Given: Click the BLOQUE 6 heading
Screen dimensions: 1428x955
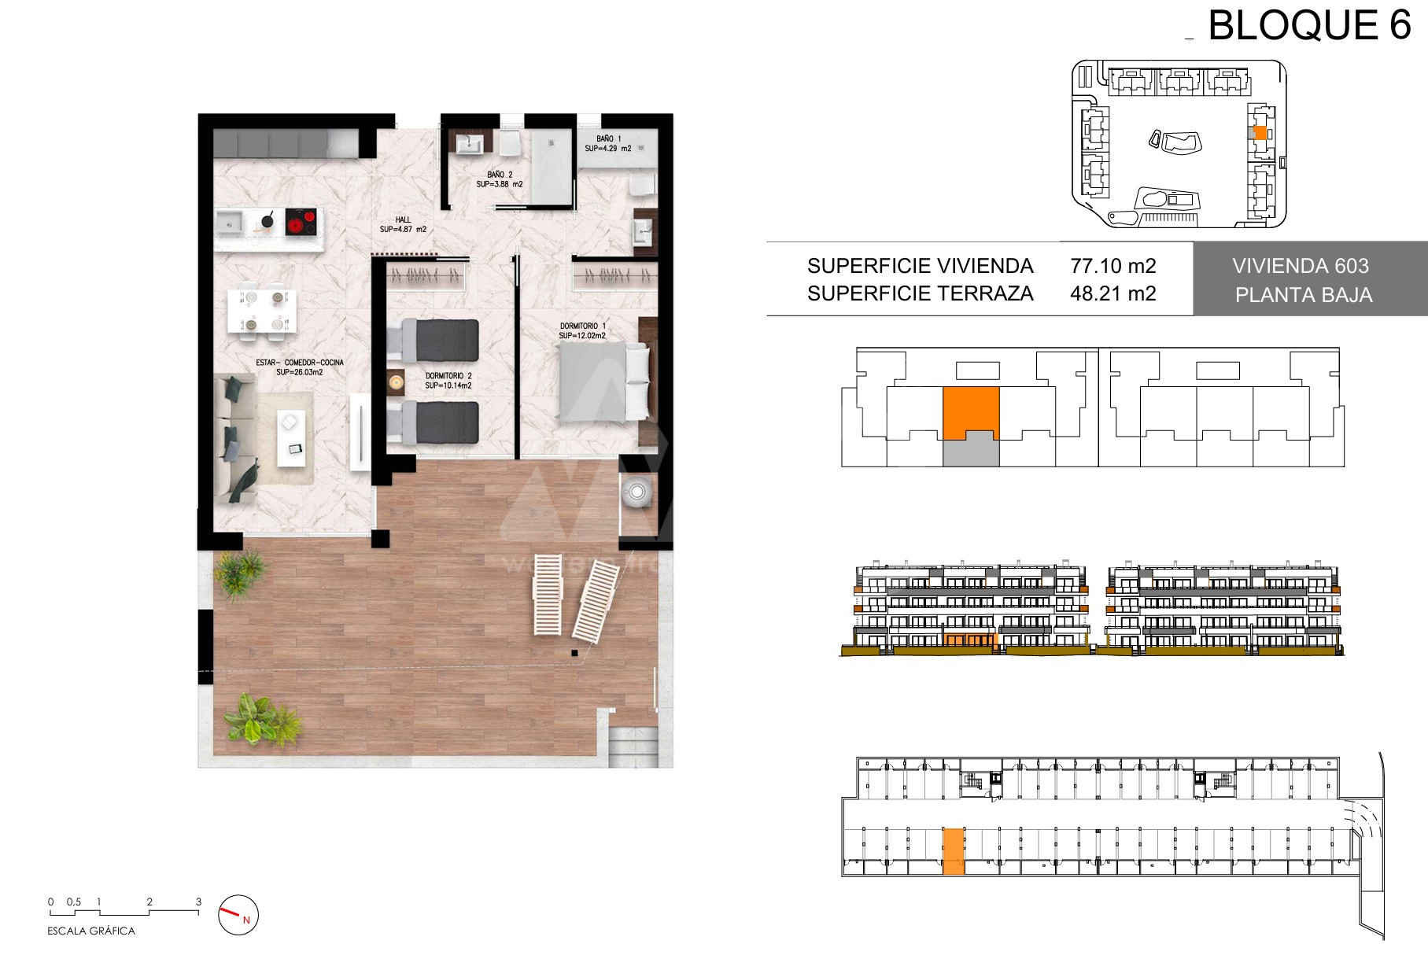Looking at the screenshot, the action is (x=1309, y=25).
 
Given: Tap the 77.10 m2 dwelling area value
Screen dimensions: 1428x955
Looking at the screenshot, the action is (x=1113, y=266).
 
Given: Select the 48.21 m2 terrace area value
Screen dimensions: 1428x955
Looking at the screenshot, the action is (x=1113, y=293).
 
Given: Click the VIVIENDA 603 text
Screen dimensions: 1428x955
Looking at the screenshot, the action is (x=1301, y=266).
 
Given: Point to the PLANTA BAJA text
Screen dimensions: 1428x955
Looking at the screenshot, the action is (x=1304, y=295).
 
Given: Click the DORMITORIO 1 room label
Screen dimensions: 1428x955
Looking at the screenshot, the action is (x=583, y=326).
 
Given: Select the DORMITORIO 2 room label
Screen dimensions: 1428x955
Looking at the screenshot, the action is (x=448, y=376).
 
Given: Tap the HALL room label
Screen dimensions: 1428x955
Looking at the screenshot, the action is (x=403, y=220).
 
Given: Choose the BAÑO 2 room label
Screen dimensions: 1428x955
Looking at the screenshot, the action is (x=500, y=175).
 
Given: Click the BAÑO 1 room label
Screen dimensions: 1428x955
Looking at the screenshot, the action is (x=608, y=138).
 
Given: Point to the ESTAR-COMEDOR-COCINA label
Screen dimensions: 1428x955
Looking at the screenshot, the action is (x=300, y=363).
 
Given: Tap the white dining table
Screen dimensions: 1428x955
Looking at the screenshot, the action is (x=263, y=311).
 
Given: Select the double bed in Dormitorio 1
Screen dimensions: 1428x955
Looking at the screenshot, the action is (x=604, y=381).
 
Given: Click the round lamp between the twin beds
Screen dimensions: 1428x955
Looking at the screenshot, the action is (x=395, y=382).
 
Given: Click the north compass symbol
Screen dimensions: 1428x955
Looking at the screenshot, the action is (x=238, y=915).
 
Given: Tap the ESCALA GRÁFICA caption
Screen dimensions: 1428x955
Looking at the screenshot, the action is (x=91, y=931).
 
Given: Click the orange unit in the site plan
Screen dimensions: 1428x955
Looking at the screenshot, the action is (x=1260, y=133).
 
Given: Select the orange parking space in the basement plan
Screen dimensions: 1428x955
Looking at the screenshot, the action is (x=954, y=851).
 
